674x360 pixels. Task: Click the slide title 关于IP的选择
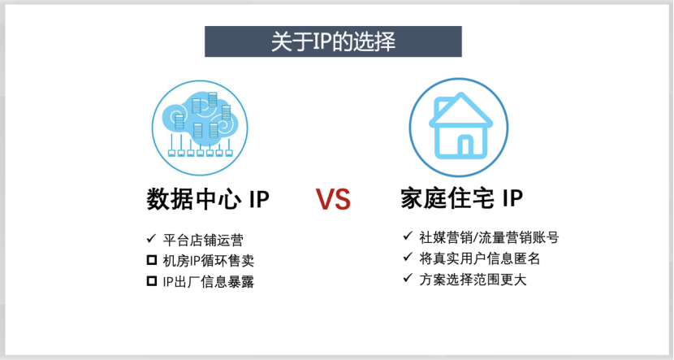click(x=333, y=42)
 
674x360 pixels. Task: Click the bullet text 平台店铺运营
click(x=204, y=241)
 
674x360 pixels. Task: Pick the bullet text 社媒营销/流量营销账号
click(x=489, y=238)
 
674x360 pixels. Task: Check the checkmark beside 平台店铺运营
click(x=150, y=240)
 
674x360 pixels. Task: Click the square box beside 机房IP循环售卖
click(x=150, y=261)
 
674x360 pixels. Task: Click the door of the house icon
click(x=464, y=146)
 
